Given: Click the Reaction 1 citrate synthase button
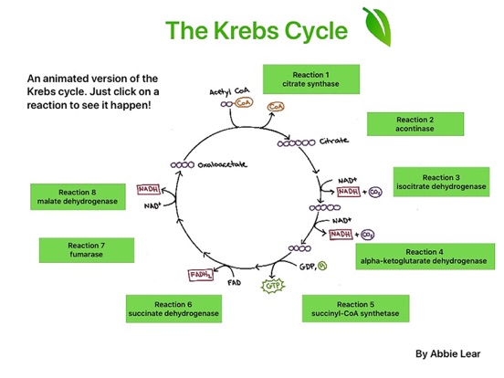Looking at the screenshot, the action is (311, 79).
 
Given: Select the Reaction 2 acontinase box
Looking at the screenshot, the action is (415, 124).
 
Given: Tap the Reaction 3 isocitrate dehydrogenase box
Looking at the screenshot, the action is (441, 182).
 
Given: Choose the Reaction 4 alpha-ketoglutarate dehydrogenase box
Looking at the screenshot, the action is (425, 257).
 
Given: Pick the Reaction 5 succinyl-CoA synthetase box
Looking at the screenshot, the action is (355, 309).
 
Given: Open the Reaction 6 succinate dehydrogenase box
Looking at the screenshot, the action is (173, 309).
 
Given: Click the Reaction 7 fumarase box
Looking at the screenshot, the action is (87, 250).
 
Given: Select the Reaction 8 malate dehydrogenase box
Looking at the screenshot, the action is (78, 196).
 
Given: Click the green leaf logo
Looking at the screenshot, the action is (377, 26).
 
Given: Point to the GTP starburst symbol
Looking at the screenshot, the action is (273, 286).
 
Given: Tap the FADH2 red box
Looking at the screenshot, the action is (201, 275).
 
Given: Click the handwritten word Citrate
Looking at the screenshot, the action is (333, 141).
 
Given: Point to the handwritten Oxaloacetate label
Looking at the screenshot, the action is (223, 164).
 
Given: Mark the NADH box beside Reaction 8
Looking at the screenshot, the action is (149, 189).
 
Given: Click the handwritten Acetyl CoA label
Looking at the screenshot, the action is (229, 91).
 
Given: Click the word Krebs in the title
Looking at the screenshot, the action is (246, 31).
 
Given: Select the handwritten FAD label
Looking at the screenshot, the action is (235, 282).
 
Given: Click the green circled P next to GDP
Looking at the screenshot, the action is (322, 266).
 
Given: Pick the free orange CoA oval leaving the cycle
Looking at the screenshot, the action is (276, 107).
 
